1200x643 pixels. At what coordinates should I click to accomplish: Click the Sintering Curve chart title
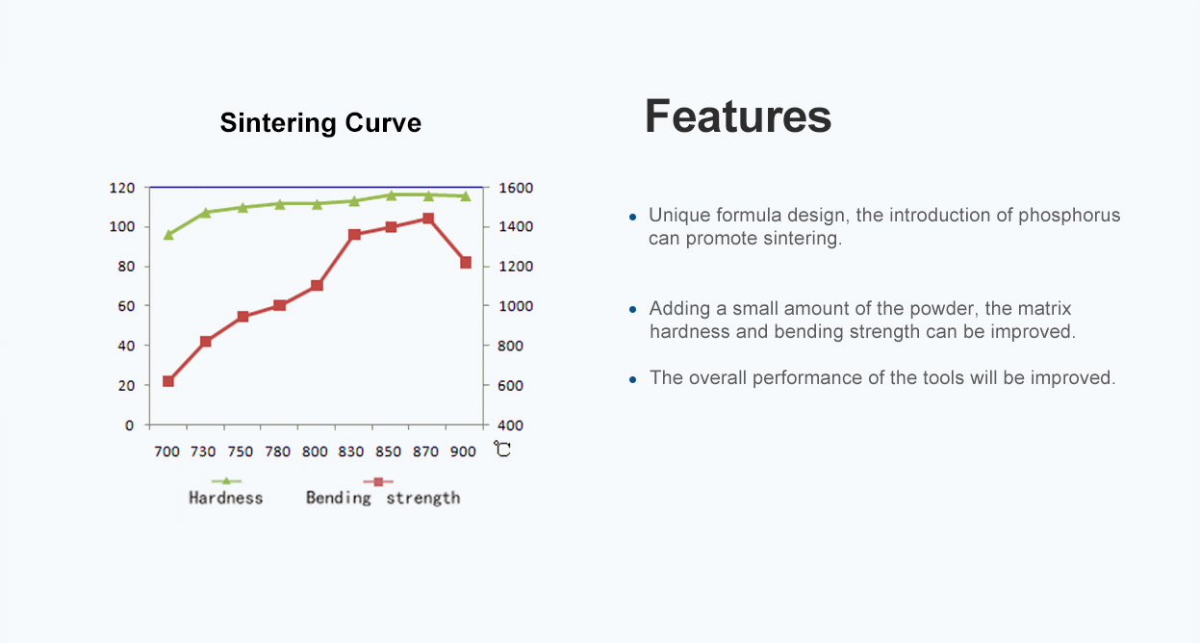[x=320, y=123]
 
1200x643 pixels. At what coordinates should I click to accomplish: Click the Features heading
[x=738, y=116]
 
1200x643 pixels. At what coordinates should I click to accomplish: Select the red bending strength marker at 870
[x=428, y=219]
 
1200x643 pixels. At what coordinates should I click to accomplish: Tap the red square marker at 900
[x=466, y=263]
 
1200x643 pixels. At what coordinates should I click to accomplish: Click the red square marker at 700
[x=168, y=381]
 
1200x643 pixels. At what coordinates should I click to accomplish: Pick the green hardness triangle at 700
[x=168, y=235]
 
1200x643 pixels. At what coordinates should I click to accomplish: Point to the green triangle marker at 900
[x=466, y=196]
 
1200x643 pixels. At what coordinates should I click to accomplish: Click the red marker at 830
[x=354, y=235]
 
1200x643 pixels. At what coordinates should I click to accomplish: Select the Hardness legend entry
[x=226, y=491]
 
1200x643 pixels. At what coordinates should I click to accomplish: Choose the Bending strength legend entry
[x=382, y=491]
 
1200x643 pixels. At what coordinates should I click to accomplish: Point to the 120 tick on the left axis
[x=122, y=188]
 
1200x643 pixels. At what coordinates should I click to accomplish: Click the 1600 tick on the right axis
[x=516, y=188]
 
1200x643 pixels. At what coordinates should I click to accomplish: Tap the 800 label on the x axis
[x=315, y=451]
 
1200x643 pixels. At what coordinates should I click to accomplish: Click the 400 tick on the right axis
[x=510, y=425]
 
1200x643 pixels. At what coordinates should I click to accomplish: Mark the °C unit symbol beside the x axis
[x=502, y=449]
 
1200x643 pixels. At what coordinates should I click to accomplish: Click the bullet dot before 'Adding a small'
[x=632, y=310]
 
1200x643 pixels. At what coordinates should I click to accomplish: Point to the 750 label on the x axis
[x=240, y=451]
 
